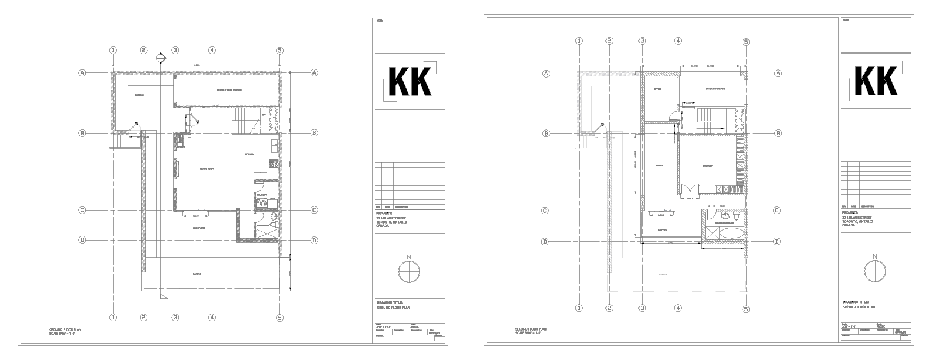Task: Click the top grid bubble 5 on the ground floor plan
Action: coord(279,51)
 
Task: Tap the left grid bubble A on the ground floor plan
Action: coord(83,72)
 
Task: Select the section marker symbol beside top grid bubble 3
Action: coord(159,57)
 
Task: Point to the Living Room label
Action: coord(207,169)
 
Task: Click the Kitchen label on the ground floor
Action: coord(249,155)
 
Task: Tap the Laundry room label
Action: coord(261,195)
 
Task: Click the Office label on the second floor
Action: coord(658,89)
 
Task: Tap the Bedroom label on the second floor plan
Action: coord(708,166)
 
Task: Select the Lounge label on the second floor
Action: coord(659,165)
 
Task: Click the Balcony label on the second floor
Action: coord(663,231)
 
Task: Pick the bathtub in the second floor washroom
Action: coord(731,236)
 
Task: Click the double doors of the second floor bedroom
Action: coord(690,190)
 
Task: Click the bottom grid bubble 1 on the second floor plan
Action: coord(579,308)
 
